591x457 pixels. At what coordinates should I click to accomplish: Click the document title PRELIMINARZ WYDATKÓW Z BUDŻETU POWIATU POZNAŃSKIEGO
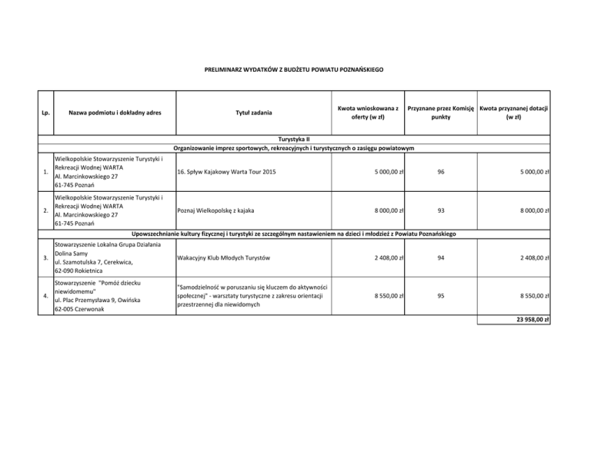pyautogui.click(x=295, y=71)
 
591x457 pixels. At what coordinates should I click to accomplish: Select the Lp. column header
pyautogui.click(x=47, y=113)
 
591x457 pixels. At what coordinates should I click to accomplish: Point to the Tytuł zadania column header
pyautogui.click(x=253, y=113)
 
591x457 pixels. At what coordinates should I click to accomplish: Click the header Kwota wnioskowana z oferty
pyautogui.click(x=369, y=113)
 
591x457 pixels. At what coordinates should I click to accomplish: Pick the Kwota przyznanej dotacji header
pyautogui.click(x=513, y=113)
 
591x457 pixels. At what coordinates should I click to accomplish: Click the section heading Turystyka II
pyautogui.click(x=295, y=139)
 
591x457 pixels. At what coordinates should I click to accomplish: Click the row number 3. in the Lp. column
pyautogui.click(x=47, y=257)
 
